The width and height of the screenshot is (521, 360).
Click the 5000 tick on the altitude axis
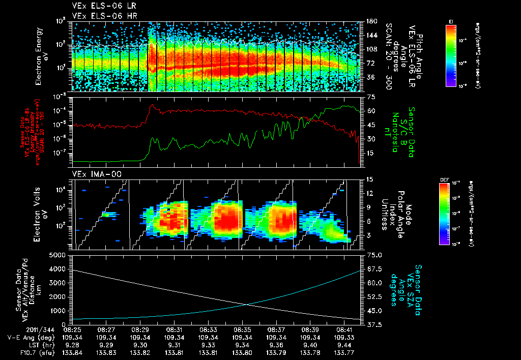tap(59, 255)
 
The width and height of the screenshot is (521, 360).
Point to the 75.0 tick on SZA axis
tap(373, 255)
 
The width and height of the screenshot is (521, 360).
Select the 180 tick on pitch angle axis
tap(370, 21)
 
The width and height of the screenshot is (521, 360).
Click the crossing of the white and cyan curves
tap(247, 305)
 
